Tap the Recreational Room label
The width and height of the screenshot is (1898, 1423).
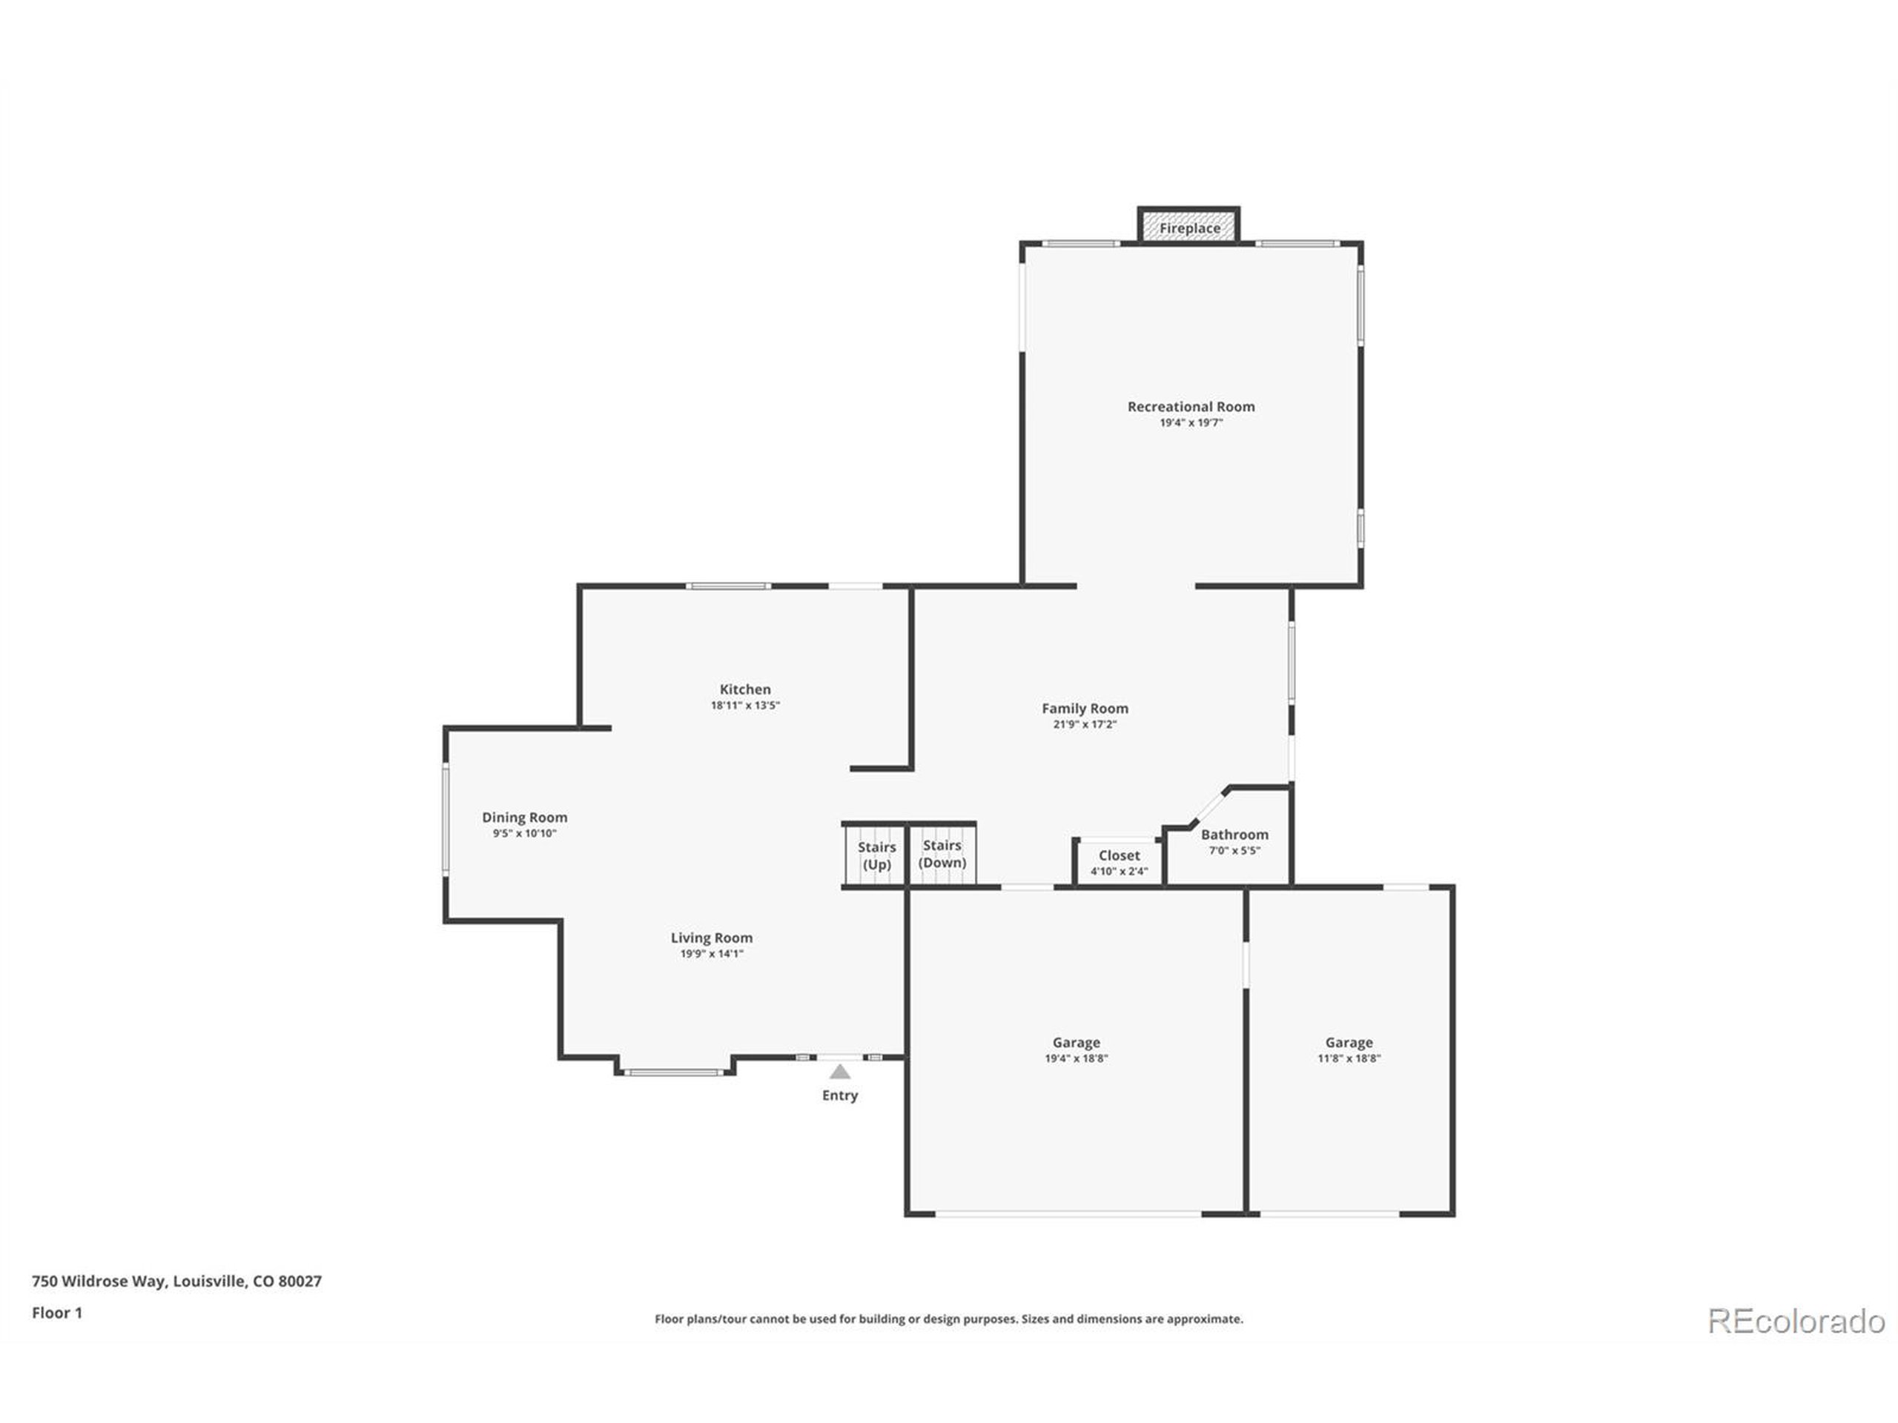[1191, 407]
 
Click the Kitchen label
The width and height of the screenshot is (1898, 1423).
[745, 689]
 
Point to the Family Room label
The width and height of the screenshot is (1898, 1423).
[1085, 709]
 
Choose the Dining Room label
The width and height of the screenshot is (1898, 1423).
[524, 817]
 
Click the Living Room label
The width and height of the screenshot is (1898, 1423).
[711, 938]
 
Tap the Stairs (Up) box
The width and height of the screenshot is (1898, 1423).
[876, 855]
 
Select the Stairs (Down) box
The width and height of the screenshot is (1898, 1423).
[942, 854]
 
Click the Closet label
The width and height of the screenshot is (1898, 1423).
[1119, 855]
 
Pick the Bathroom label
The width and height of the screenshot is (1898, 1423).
[1234, 835]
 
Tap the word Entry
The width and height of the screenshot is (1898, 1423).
[840, 1095]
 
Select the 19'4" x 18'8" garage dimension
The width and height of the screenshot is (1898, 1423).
[1076, 1058]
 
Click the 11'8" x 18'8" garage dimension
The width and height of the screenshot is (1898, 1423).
[1349, 1058]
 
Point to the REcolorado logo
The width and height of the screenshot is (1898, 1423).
[1796, 1321]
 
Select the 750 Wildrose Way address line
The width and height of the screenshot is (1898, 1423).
[176, 1281]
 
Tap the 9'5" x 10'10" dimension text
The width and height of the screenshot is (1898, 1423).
[524, 834]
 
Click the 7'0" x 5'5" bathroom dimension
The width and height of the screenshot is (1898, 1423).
[1234, 851]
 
